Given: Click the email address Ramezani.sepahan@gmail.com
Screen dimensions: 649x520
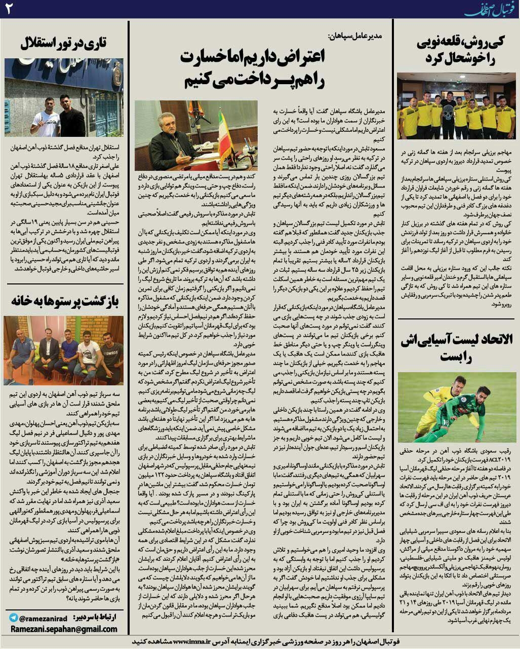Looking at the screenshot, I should click(x=63, y=629).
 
